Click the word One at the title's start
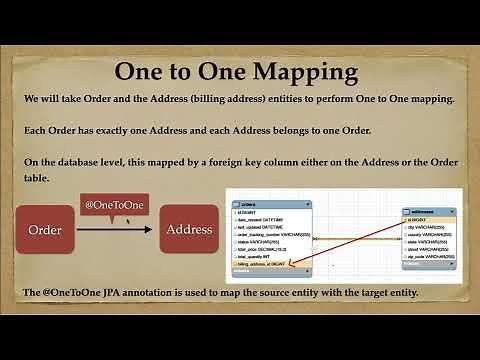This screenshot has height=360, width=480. click(x=147, y=72)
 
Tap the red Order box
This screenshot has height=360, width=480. click(x=45, y=229)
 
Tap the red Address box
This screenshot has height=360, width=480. click(x=188, y=229)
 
